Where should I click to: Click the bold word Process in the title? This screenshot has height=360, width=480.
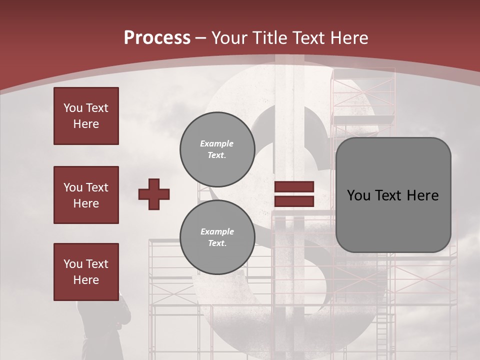click(157, 38)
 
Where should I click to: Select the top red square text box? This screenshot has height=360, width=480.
click(86, 116)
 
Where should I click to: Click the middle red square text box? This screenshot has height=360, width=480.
click(86, 195)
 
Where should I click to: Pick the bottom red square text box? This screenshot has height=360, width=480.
click(86, 272)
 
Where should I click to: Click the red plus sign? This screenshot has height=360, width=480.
click(154, 194)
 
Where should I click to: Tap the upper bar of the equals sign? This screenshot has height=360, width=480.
click(294, 187)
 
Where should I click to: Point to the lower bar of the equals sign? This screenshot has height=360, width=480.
click(294, 201)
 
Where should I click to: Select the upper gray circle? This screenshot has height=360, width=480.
click(217, 149)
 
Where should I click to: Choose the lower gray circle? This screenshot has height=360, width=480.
click(217, 237)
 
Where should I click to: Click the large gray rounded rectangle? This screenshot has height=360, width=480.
click(393, 195)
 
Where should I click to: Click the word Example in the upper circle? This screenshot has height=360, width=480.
click(217, 144)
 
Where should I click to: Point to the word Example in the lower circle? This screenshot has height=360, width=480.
click(217, 232)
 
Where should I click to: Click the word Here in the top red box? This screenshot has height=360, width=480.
click(86, 124)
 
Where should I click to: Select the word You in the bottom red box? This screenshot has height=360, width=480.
click(73, 264)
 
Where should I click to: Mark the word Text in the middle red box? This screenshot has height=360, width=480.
click(97, 187)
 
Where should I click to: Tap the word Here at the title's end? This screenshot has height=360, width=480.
click(349, 38)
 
